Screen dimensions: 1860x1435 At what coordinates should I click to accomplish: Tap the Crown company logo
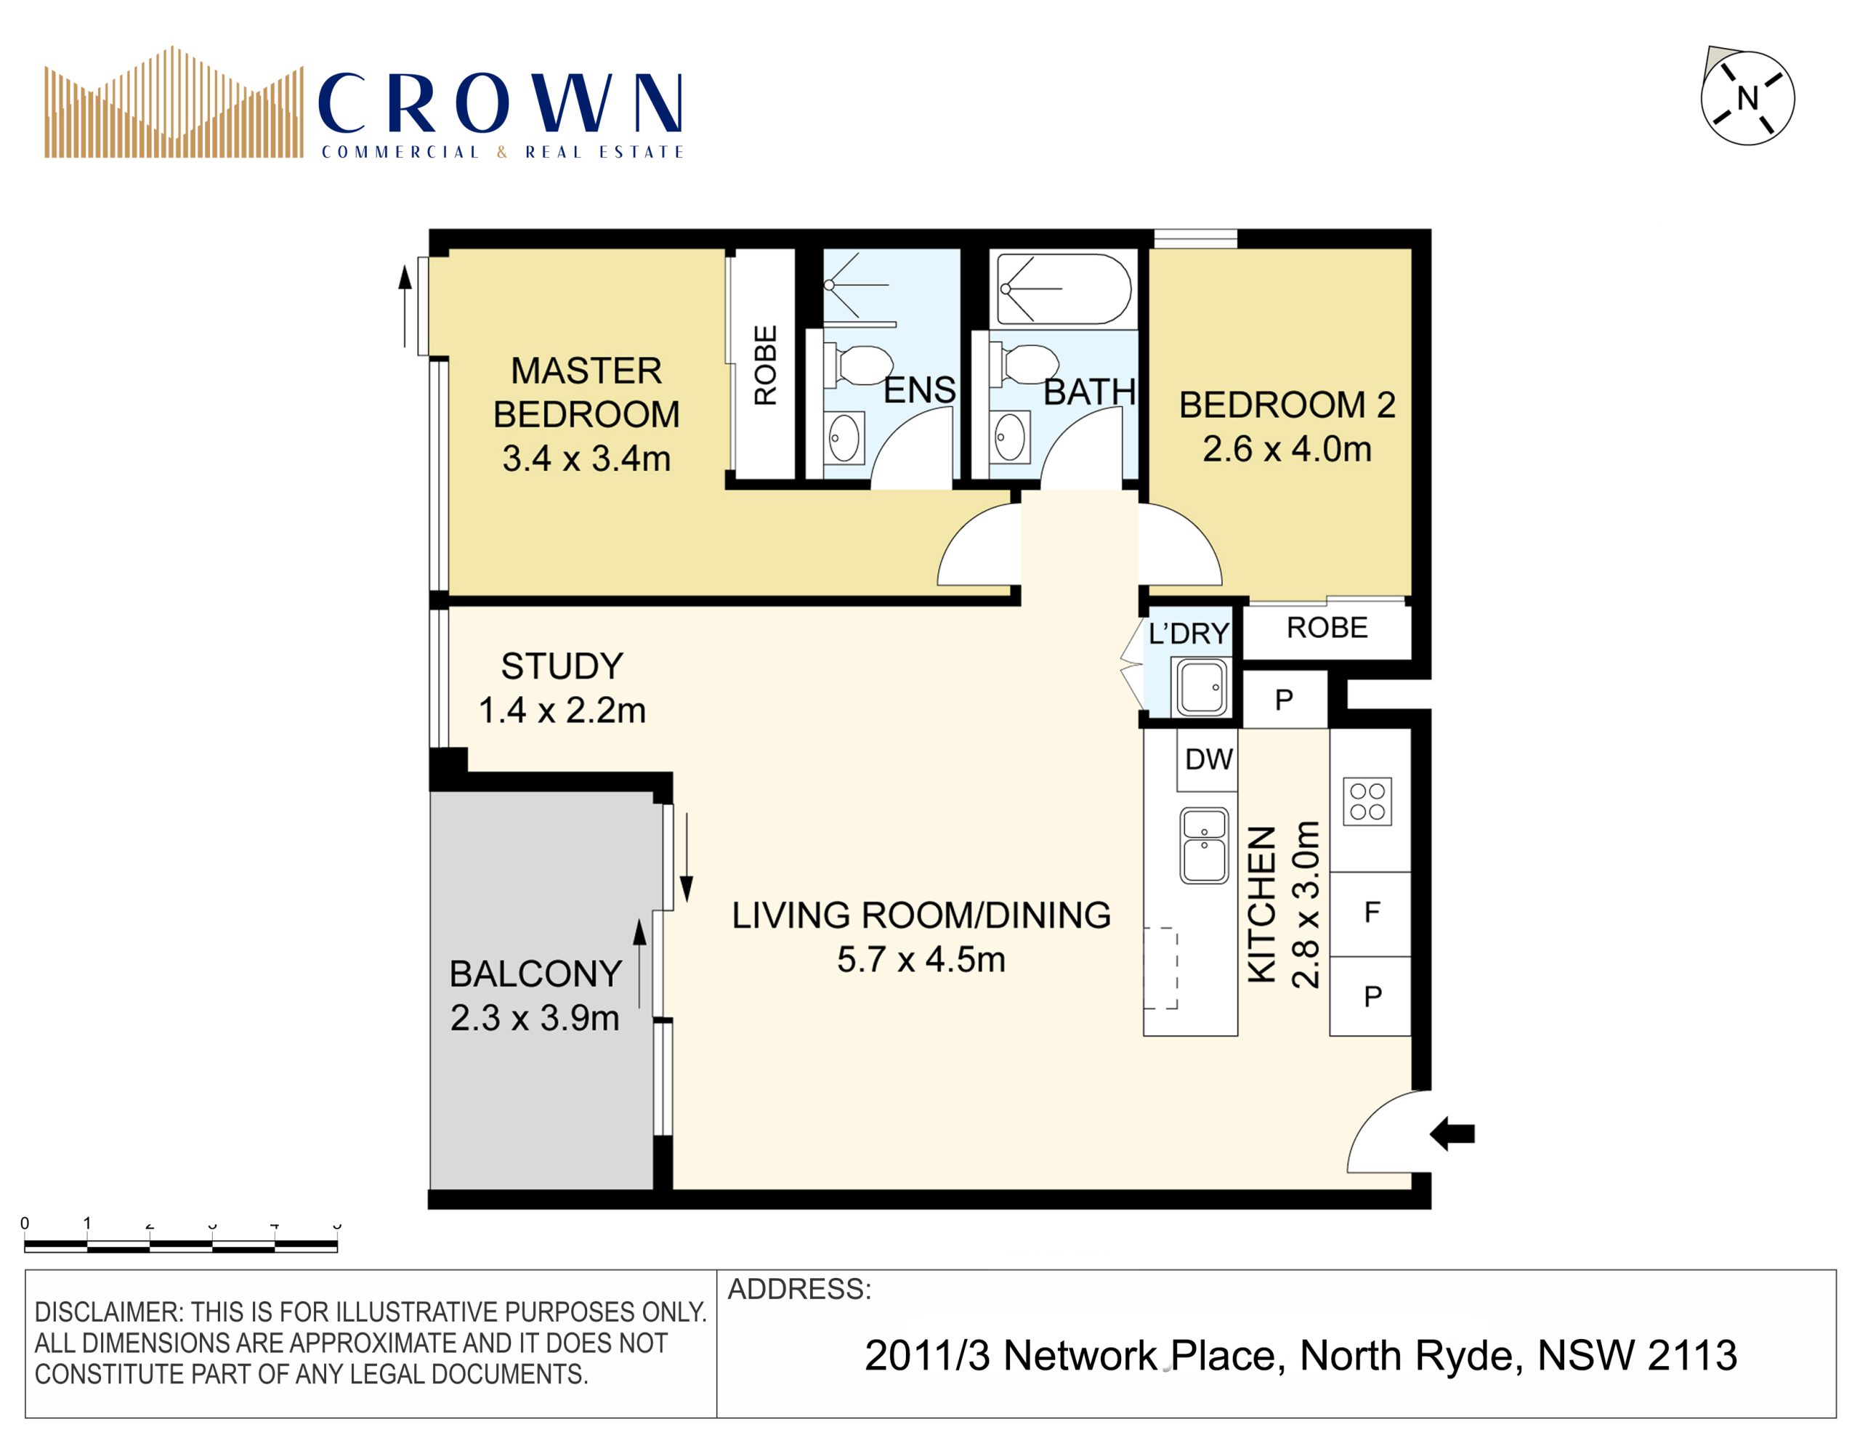point(365,102)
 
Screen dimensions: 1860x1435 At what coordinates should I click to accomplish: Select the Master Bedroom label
point(586,392)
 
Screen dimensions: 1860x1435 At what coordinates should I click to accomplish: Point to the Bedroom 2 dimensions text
point(1287,449)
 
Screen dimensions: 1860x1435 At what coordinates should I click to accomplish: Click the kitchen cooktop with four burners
point(1367,801)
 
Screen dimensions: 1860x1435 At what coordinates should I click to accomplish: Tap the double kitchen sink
point(1204,846)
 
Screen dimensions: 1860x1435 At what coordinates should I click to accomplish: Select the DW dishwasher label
point(1208,759)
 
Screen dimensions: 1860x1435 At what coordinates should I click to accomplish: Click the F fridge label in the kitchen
point(1371,912)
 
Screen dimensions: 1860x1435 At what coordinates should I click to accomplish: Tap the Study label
point(562,666)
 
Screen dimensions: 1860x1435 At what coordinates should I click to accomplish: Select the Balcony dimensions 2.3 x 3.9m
point(535,1018)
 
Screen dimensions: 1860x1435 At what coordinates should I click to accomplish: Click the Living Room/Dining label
point(921,915)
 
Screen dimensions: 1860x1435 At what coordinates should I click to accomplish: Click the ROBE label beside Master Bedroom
point(765,365)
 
